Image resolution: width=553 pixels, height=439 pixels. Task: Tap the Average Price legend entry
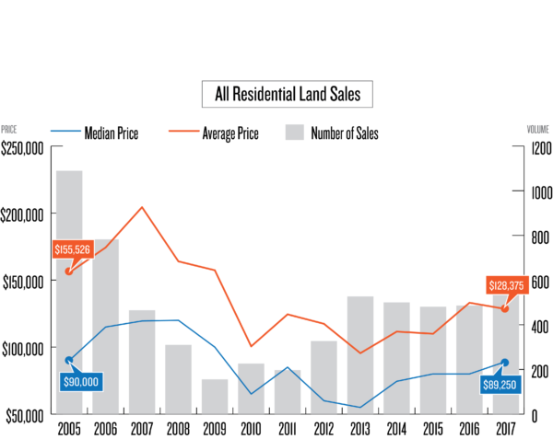229,133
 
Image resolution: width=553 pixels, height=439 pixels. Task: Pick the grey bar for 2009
215,397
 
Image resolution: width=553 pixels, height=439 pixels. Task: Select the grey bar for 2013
360,355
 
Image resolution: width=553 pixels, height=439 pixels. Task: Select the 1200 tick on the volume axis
539,147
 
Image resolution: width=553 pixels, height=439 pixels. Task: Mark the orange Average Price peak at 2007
142,207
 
